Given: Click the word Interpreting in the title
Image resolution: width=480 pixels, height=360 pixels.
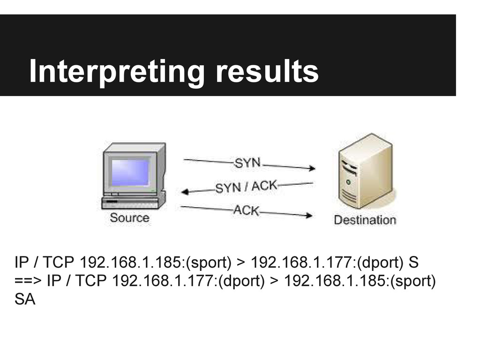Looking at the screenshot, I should (116, 71).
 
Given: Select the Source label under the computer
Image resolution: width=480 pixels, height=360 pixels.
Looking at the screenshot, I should (129, 218).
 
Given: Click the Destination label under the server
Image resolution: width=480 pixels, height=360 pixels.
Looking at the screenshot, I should (365, 219).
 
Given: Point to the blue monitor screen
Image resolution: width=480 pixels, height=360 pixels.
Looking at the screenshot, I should (130, 172).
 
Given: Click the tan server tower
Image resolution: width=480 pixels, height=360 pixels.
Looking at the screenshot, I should (365, 173).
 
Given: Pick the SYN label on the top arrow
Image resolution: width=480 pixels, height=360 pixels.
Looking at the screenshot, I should (248, 164).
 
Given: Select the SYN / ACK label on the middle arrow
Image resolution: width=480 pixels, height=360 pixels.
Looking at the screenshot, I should (246, 187).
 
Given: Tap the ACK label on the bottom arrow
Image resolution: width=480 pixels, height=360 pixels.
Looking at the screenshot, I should (246, 210).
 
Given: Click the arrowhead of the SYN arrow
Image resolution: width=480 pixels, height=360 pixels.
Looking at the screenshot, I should (311, 167).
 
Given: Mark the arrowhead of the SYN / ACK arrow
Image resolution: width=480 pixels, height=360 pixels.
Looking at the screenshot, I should (185, 191).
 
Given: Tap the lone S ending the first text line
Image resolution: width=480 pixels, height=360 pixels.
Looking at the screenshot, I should (413, 262).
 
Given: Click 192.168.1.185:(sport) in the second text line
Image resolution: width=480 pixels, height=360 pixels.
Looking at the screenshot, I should (360, 281).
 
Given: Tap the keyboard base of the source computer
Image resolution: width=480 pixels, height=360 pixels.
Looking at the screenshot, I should (134, 202).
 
